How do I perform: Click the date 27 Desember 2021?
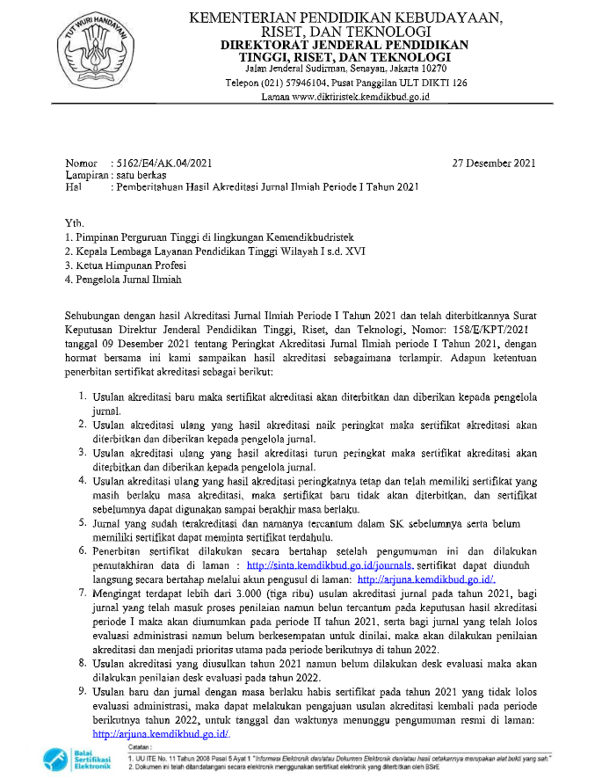pos(493,164)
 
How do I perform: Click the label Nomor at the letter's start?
pos(83,164)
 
